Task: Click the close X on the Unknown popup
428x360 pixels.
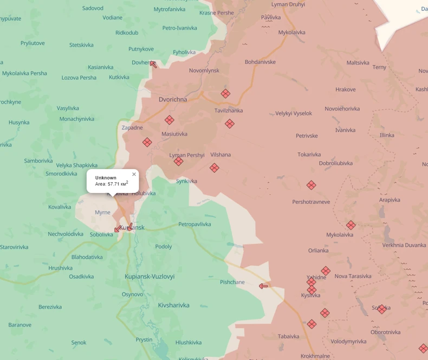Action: click(134, 175)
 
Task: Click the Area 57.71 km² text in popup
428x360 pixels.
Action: click(112, 184)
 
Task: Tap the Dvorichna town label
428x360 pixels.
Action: click(173, 100)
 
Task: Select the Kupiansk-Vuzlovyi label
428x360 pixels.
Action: click(150, 277)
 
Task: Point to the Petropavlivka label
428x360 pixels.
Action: click(194, 224)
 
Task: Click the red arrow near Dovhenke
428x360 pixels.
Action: click(153, 65)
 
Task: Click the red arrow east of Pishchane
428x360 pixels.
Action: click(263, 286)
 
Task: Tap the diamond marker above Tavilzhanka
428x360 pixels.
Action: click(225, 94)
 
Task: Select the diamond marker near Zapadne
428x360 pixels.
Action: click(147, 143)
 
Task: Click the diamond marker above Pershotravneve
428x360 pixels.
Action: click(311, 185)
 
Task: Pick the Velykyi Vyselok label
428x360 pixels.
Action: click(294, 113)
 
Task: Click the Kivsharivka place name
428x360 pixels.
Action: click(173, 305)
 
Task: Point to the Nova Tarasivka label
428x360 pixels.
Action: click(353, 276)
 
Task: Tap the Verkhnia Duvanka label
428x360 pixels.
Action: click(404, 245)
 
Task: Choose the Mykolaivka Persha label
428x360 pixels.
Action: click(24, 73)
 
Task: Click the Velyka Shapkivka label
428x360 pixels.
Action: click(76, 165)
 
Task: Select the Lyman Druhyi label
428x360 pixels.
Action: click(288, 4)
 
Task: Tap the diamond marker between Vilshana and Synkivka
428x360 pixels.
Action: click(215, 168)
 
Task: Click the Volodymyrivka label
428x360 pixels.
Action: click(348, 342)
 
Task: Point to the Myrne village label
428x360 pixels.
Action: click(102, 213)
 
